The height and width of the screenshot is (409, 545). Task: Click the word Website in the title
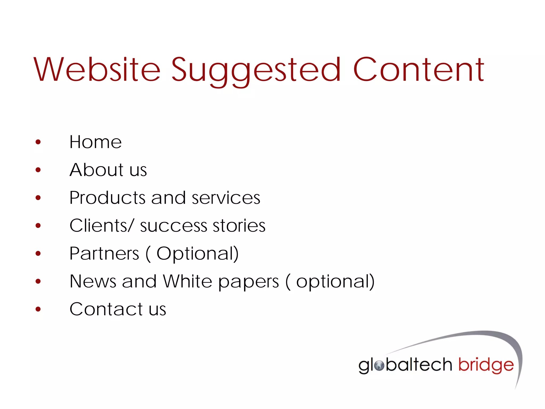coord(97,70)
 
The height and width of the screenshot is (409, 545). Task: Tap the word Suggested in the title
coord(256,71)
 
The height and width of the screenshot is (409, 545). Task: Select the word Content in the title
coord(419,70)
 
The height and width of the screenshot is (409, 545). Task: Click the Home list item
coord(96,142)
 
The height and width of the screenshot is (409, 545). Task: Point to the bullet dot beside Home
coord(38,142)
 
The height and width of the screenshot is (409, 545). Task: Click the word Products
coord(107,198)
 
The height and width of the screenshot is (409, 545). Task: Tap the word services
coord(226,198)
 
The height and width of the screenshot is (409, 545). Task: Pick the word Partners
coord(104,253)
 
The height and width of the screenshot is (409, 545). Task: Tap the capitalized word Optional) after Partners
coord(197,253)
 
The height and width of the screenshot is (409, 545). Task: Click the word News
coord(93,281)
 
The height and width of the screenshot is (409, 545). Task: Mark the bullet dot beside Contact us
coord(38,309)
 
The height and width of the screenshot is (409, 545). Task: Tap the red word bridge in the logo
coord(486,366)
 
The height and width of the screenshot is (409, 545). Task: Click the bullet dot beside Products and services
coord(38,198)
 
